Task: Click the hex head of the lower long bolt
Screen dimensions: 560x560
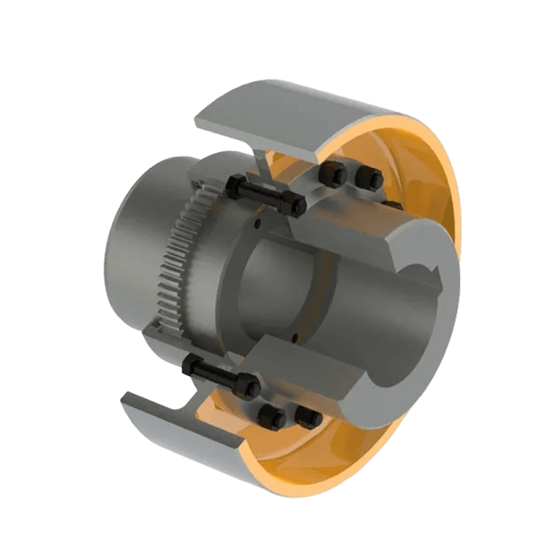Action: [190, 364]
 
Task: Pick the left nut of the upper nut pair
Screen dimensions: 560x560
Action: [335, 173]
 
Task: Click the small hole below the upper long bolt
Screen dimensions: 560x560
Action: [257, 225]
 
